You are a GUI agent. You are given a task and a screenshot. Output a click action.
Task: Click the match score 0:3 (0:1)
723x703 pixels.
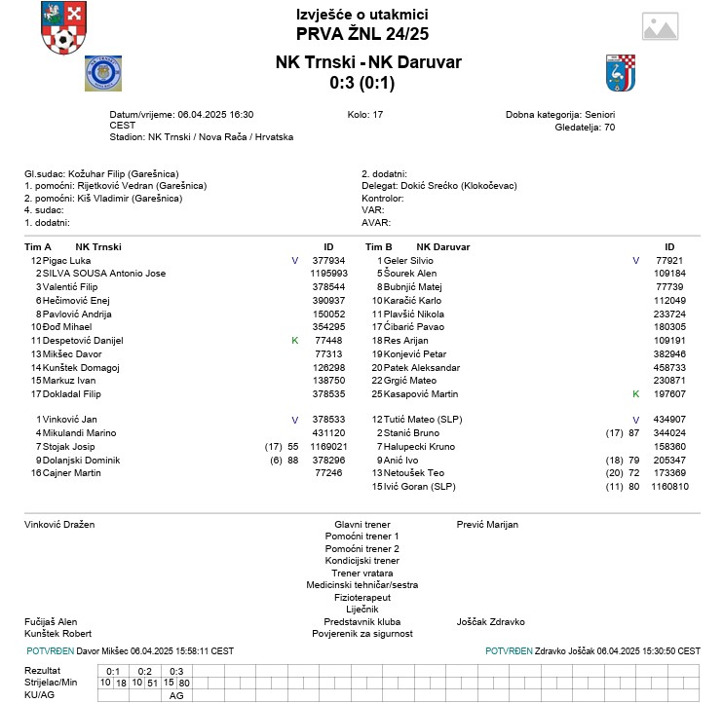click(361, 83)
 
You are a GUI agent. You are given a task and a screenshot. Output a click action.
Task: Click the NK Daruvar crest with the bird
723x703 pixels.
click(620, 73)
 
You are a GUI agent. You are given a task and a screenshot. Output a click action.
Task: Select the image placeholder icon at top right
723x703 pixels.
click(660, 26)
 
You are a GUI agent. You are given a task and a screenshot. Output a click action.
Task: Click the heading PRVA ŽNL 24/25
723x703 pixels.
click(361, 34)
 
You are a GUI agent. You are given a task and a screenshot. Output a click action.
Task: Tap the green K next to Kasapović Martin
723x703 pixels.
click(635, 394)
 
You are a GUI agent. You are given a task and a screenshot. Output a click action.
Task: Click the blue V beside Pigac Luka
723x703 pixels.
click(294, 261)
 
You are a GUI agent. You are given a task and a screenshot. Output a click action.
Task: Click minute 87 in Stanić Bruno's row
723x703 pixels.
click(633, 432)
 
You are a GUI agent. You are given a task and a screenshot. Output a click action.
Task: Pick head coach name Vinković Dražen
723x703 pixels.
click(59, 524)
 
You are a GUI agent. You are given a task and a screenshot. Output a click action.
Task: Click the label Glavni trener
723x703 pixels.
click(361, 524)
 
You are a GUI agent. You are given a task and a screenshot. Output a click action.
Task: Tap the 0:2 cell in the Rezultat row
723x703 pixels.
click(145, 670)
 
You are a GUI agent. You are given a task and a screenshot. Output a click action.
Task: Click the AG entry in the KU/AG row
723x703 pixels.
click(176, 695)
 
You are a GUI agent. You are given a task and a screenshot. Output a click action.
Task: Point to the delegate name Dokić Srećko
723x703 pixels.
click(430, 185)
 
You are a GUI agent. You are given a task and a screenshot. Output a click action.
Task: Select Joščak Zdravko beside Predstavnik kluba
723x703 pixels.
click(491, 621)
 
